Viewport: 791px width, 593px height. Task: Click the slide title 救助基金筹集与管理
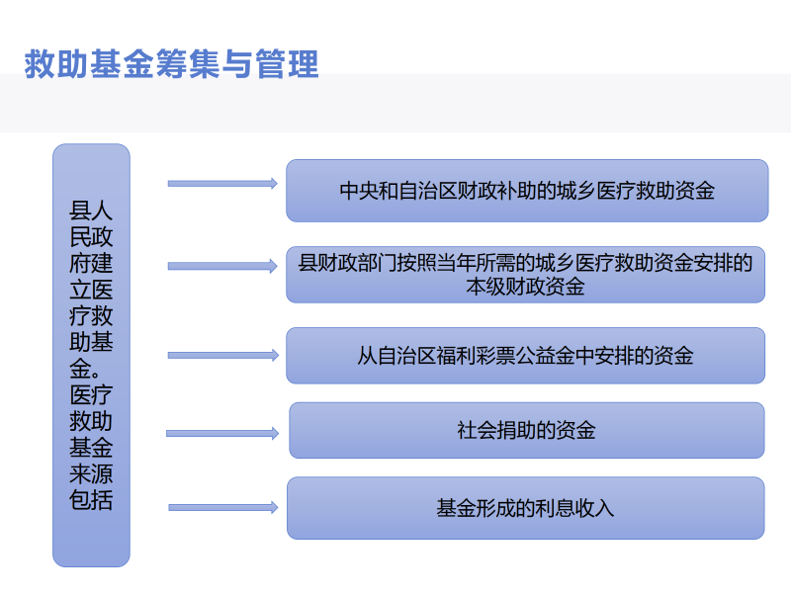pyautogui.click(x=171, y=64)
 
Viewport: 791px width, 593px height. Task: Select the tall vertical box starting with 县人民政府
pyautogui.click(x=91, y=356)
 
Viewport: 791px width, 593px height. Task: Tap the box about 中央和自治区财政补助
pyautogui.click(x=527, y=191)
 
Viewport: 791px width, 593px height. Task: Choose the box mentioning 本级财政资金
pyautogui.click(x=526, y=275)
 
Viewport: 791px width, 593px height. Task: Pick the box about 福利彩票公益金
pyautogui.click(x=526, y=356)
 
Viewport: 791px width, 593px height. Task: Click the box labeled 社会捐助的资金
pyautogui.click(x=527, y=430)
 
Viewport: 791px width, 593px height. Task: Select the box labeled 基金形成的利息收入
pyautogui.click(x=526, y=508)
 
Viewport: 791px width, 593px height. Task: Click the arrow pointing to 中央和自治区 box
pyautogui.click(x=223, y=184)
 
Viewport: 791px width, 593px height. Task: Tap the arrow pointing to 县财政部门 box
pyautogui.click(x=223, y=266)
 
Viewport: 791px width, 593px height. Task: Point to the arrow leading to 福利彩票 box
pyautogui.click(x=223, y=355)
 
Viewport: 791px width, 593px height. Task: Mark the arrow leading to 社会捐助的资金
pyautogui.click(x=222, y=433)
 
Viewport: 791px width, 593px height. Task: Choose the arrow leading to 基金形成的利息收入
pyautogui.click(x=223, y=507)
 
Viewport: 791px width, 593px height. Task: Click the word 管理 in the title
pyautogui.click(x=288, y=64)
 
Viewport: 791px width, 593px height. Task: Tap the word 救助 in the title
pyautogui.click(x=56, y=64)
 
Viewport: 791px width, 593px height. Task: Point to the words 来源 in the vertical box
pyautogui.click(x=91, y=473)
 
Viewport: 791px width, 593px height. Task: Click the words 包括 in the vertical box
pyautogui.click(x=91, y=500)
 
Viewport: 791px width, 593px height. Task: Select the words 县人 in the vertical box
pyautogui.click(x=91, y=211)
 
